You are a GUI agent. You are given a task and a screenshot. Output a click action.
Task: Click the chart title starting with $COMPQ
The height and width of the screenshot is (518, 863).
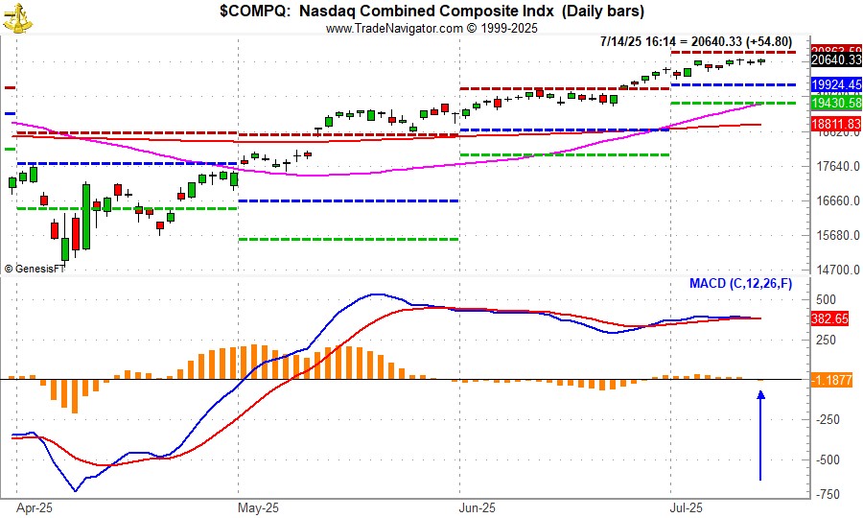coord(431,12)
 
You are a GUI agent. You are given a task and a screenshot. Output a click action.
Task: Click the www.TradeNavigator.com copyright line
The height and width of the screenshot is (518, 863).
coord(431,28)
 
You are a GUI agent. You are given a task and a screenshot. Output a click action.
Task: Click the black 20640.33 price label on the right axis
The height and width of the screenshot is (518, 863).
coord(836,60)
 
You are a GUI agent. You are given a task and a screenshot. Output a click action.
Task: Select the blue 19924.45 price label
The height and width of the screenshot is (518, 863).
coord(836,85)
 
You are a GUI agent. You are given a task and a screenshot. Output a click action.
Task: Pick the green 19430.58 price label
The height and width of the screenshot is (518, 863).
coord(836,103)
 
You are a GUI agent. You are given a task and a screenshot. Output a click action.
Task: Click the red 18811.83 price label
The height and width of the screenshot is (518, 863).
coord(836,125)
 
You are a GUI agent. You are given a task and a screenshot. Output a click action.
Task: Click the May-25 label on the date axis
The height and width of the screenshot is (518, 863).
coord(257,507)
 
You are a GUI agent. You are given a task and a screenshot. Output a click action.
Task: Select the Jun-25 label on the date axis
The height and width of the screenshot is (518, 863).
coord(477,507)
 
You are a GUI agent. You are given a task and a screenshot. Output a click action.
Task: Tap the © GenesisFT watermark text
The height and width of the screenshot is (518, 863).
coord(35,269)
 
